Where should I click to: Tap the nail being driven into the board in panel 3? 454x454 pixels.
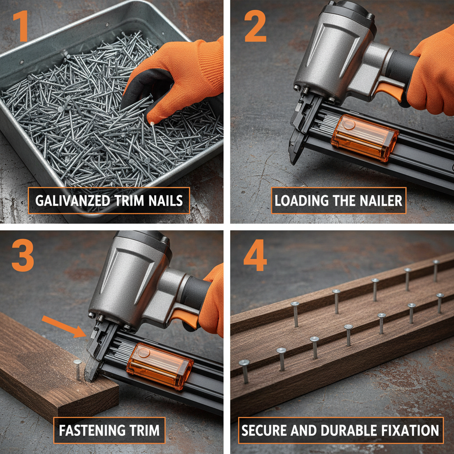click(x=78, y=369)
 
